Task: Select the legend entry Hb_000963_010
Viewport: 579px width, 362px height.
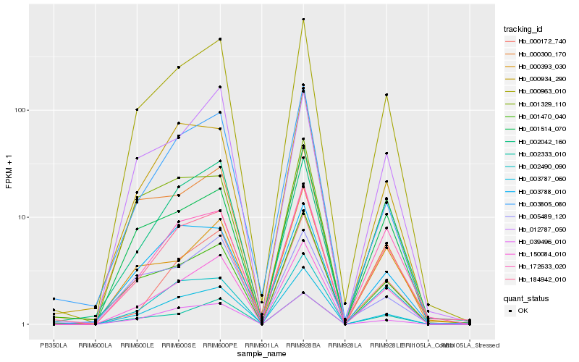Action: click(536, 91)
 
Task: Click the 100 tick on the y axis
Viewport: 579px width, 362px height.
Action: click(20, 110)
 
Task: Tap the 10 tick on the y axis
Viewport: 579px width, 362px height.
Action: click(22, 217)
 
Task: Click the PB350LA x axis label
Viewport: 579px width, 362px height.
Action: click(53, 345)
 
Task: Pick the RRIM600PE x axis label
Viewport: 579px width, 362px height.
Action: click(220, 345)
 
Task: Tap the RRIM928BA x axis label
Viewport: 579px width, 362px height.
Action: click(303, 345)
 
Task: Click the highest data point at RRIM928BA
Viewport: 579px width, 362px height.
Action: click(303, 19)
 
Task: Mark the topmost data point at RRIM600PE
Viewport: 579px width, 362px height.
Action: click(220, 39)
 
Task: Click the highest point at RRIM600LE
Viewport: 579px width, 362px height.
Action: click(136, 109)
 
